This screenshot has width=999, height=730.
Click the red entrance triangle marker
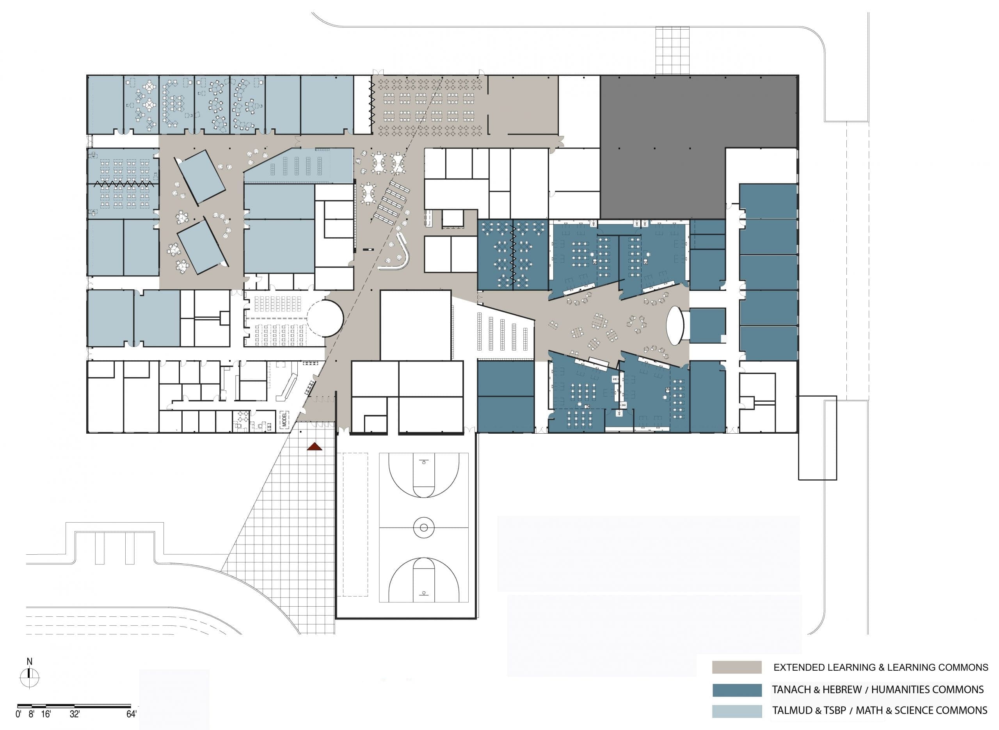tap(315, 447)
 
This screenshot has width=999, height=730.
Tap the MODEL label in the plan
tap(284, 419)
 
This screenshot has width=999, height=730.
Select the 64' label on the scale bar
tap(132, 714)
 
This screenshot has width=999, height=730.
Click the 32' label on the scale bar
tap(75, 714)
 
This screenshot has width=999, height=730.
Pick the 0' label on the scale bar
tap(18, 714)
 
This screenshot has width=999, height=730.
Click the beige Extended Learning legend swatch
tap(737, 667)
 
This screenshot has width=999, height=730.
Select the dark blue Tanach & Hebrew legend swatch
tap(737, 690)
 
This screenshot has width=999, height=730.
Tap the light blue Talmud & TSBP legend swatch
tap(737, 711)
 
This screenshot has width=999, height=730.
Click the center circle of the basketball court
tap(423, 527)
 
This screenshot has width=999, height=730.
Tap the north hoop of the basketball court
tap(423, 462)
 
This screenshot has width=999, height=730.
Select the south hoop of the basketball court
tap(423, 593)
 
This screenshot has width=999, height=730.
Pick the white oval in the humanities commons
tap(674, 325)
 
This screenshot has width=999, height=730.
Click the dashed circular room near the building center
tap(325, 318)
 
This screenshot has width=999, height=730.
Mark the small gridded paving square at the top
tap(672, 50)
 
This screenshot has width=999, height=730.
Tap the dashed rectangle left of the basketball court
tap(356, 525)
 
